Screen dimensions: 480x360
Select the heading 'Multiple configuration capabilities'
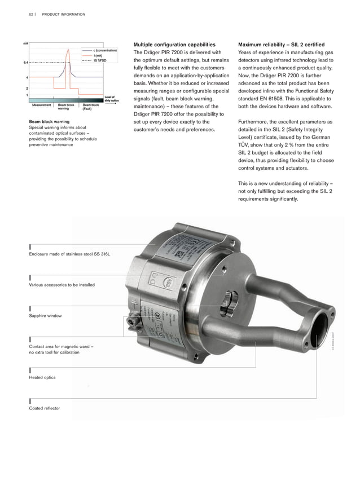coord(174,45)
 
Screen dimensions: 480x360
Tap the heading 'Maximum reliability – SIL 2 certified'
coord(281,45)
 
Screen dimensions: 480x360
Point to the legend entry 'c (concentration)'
coord(104,51)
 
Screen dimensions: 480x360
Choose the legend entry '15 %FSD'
coord(102,60)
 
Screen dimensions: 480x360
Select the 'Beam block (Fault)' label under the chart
coord(90,107)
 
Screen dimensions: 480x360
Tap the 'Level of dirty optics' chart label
coord(111,99)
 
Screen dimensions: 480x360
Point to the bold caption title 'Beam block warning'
coord(49,121)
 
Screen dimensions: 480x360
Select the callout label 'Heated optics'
coord(42,377)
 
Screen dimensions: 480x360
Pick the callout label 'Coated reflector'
coord(44,408)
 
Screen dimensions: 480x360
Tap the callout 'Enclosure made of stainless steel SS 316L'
coord(69,254)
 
